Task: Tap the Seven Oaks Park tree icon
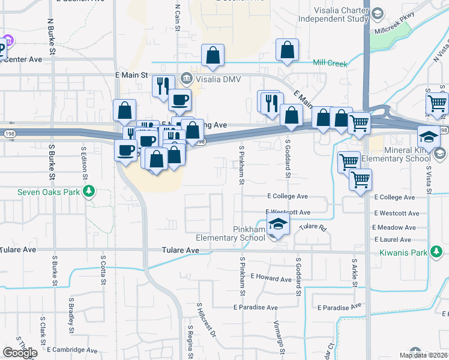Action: pos(89,191)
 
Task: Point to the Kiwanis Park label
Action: pos(402,253)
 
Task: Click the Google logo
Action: pos(20,353)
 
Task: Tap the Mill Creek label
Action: pos(330,63)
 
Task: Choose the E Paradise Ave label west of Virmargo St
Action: pos(256,307)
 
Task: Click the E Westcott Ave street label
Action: pos(288,212)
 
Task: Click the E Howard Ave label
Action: pos(271,277)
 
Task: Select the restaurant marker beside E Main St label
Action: pos(161,85)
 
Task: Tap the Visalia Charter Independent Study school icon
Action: pos(377,13)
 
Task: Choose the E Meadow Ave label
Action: pos(394,228)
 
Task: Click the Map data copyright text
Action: pos(423,355)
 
